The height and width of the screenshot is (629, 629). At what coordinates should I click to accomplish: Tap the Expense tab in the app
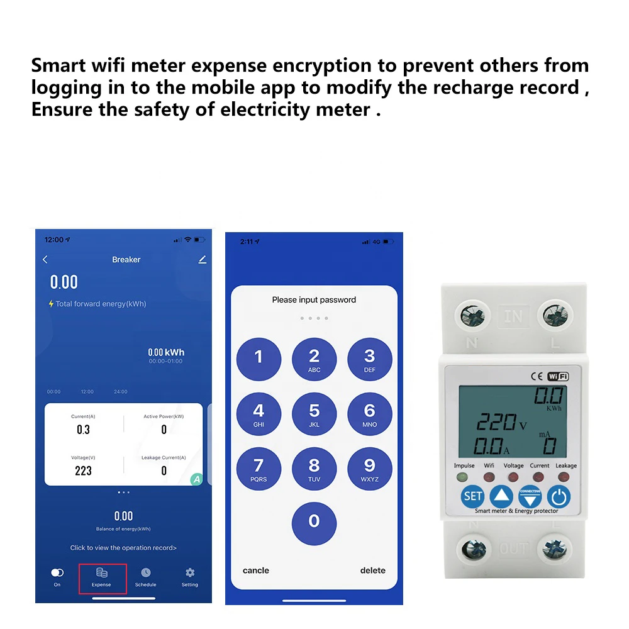[101, 577]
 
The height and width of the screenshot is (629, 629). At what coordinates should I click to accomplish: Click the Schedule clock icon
[145, 572]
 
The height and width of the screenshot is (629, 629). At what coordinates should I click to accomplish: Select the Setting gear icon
[189, 572]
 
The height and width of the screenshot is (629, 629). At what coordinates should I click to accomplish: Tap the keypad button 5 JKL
[314, 415]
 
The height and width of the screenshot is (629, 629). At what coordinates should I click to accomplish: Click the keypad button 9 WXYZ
[369, 469]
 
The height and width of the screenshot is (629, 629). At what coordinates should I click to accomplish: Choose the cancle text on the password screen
[256, 571]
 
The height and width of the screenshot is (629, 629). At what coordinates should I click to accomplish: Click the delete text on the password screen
[372, 571]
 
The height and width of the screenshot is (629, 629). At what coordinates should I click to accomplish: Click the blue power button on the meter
[558, 497]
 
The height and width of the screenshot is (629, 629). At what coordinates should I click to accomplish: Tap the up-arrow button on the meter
[501, 497]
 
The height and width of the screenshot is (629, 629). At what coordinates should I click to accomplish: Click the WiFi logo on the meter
[557, 376]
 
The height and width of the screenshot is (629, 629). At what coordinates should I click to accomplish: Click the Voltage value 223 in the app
[83, 470]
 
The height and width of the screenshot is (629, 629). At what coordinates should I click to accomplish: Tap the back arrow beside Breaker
[45, 259]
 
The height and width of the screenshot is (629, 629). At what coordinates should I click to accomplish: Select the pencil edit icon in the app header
[202, 259]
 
